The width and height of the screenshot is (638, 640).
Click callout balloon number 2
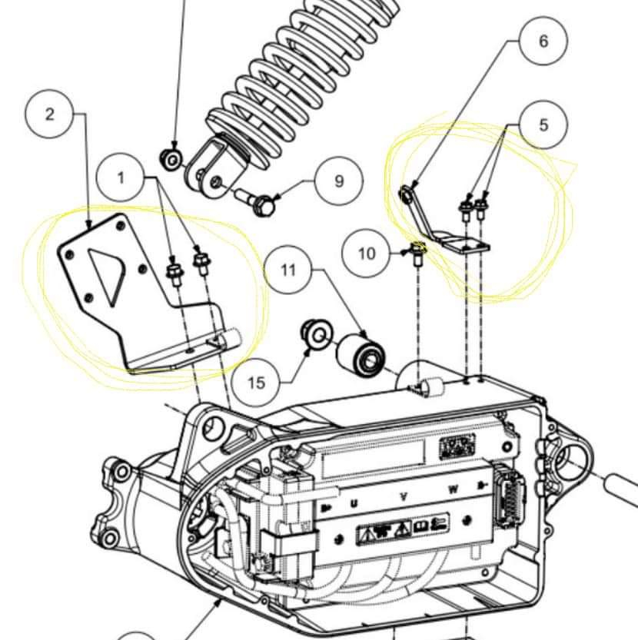click(x=50, y=114)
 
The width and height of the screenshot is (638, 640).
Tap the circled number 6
click(x=543, y=40)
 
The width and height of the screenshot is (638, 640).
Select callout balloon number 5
click(x=543, y=124)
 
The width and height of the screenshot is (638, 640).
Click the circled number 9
click(x=339, y=181)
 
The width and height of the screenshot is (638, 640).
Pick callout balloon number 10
click(x=367, y=252)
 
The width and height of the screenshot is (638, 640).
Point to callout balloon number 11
click(x=288, y=270)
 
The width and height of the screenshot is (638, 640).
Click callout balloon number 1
click(x=121, y=178)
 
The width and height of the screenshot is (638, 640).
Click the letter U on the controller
click(x=354, y=502)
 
